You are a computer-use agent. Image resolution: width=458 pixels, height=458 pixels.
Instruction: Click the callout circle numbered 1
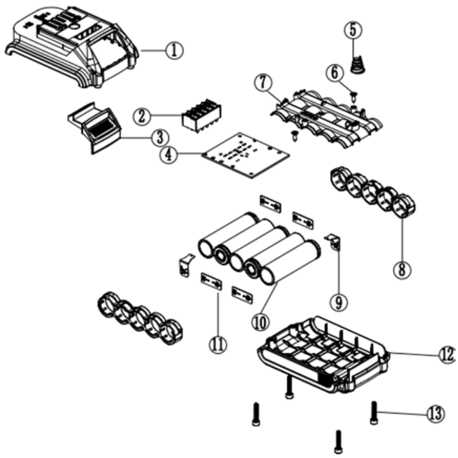(173, 50)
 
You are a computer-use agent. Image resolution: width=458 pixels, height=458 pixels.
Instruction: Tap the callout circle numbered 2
(141, 116)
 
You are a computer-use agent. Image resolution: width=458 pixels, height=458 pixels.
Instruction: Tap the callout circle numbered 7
(262, 84)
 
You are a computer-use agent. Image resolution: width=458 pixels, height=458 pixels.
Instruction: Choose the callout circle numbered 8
(401, 267)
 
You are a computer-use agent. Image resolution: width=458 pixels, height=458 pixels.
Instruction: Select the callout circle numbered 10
(260, 321)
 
